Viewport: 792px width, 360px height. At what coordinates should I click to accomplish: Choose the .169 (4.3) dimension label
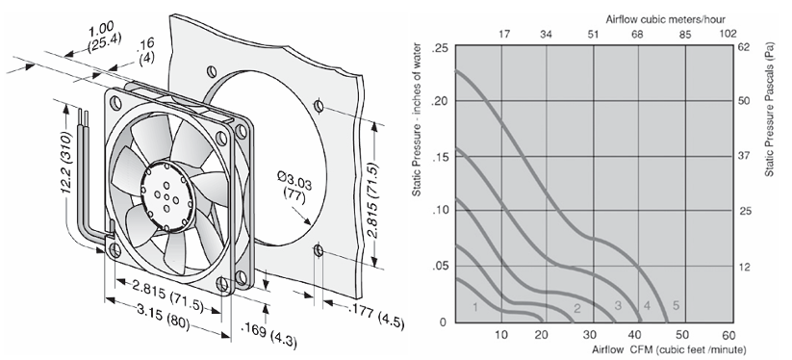(268, 335)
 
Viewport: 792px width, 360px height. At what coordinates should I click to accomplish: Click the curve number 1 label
(474, 306)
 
